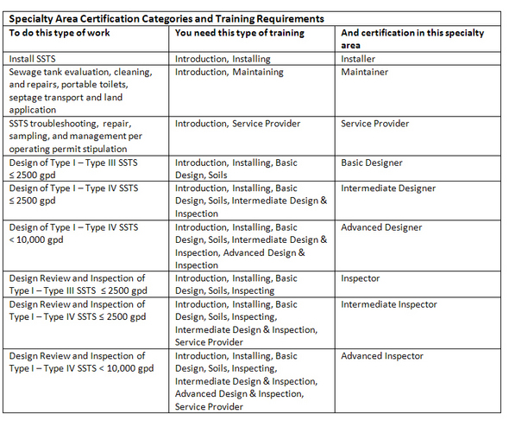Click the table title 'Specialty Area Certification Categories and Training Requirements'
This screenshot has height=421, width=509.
click(x=166, y=17)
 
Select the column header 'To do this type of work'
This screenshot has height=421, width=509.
click(x=60, y=33)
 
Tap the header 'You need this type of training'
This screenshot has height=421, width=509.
click(x=240, y=33)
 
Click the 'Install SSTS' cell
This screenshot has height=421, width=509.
click(x=34, y=59)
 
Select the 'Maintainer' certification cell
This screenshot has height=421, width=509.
click(x=364, y=72)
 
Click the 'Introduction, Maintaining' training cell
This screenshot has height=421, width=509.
click(x=229, y=72)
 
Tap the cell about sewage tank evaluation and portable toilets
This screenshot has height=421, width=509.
click(x=80, y=91)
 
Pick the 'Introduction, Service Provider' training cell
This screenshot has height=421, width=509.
click(x=237, y=124)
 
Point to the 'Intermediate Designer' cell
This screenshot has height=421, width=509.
click(x=388, y=188)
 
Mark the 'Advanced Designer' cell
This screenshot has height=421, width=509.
click(x=381, y=227)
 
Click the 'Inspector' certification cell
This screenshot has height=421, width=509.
click(x=360, y=278)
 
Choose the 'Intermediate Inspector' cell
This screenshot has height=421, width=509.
click(x=389, y=304)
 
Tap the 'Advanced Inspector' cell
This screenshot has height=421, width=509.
click(x=382, y=356)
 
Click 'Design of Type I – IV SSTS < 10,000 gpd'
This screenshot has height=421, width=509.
click(x=72, y=233)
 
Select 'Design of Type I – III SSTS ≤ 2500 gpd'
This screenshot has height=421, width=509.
click(x=72, y=169)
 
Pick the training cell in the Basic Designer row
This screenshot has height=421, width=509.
click(x=236, y=169)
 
